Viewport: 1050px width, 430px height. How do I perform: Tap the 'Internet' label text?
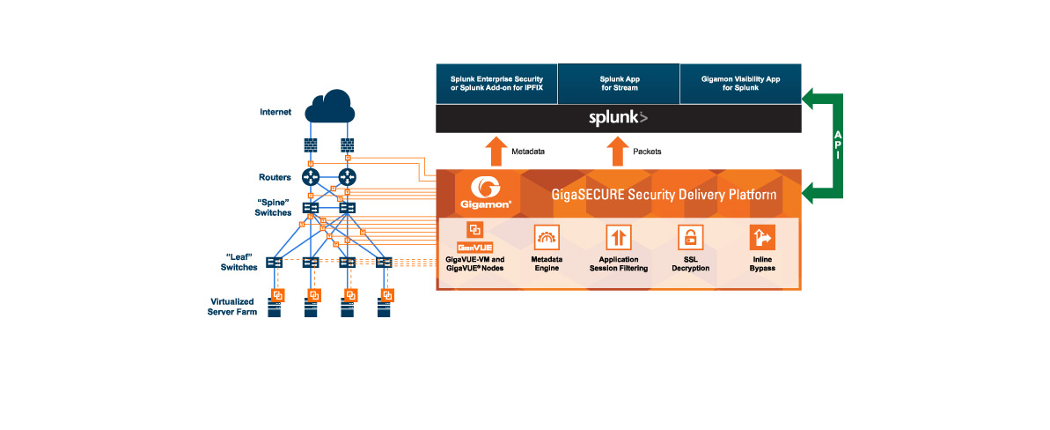coord(275,112)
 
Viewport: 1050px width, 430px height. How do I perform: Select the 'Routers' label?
coord(275,176)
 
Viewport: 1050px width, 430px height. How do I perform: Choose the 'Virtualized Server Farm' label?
coord(232,307)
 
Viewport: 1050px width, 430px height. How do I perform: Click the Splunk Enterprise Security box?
coord(496,83)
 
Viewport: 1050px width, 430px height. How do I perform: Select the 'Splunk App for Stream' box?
coord(619,83)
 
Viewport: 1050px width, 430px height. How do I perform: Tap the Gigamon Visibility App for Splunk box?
coord(740,83)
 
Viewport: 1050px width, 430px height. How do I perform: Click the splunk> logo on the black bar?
coord(619,117)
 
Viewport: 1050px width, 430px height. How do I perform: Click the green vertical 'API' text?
coord(837,141)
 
